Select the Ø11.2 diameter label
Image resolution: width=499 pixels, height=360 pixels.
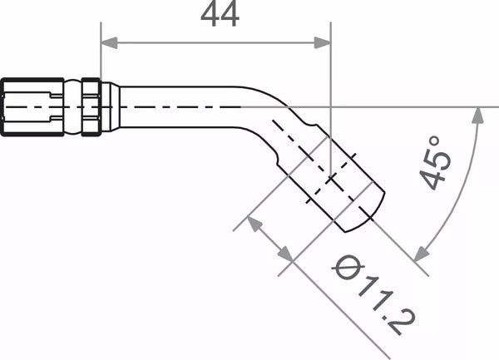[374, 294]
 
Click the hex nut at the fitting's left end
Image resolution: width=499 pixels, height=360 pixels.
[32, 106]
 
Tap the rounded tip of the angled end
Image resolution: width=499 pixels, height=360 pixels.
[366, 212]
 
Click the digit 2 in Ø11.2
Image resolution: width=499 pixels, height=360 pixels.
[402, 321]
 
